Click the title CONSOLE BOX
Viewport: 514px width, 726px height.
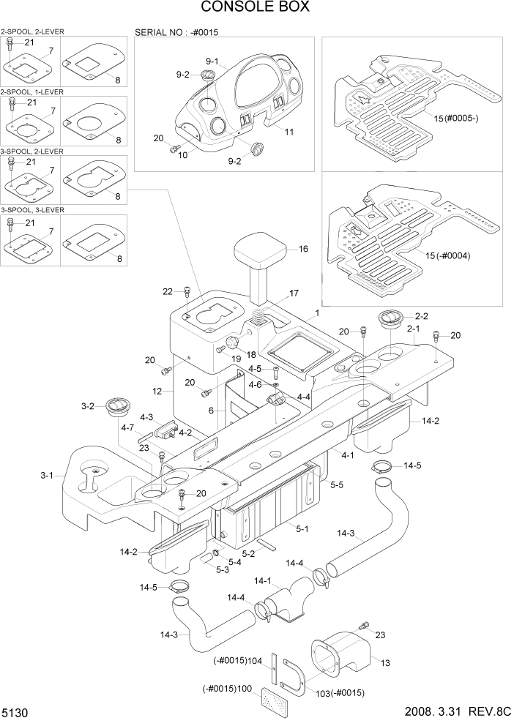click(x=256, y=8)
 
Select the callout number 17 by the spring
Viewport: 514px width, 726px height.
click(x=294, y=293)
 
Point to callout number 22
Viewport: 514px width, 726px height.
click(x=168, y=292)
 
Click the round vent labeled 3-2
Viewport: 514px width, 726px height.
click(x=116, y=407)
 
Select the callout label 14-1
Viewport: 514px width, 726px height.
click(x=262, y=580)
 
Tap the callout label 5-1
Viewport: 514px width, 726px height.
click(x=301, y=528)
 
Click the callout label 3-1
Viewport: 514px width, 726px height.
click(x=47, y=476)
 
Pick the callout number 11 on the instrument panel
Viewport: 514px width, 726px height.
click(x=289, y=132)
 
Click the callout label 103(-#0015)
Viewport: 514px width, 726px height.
click(x=340, y=692)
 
